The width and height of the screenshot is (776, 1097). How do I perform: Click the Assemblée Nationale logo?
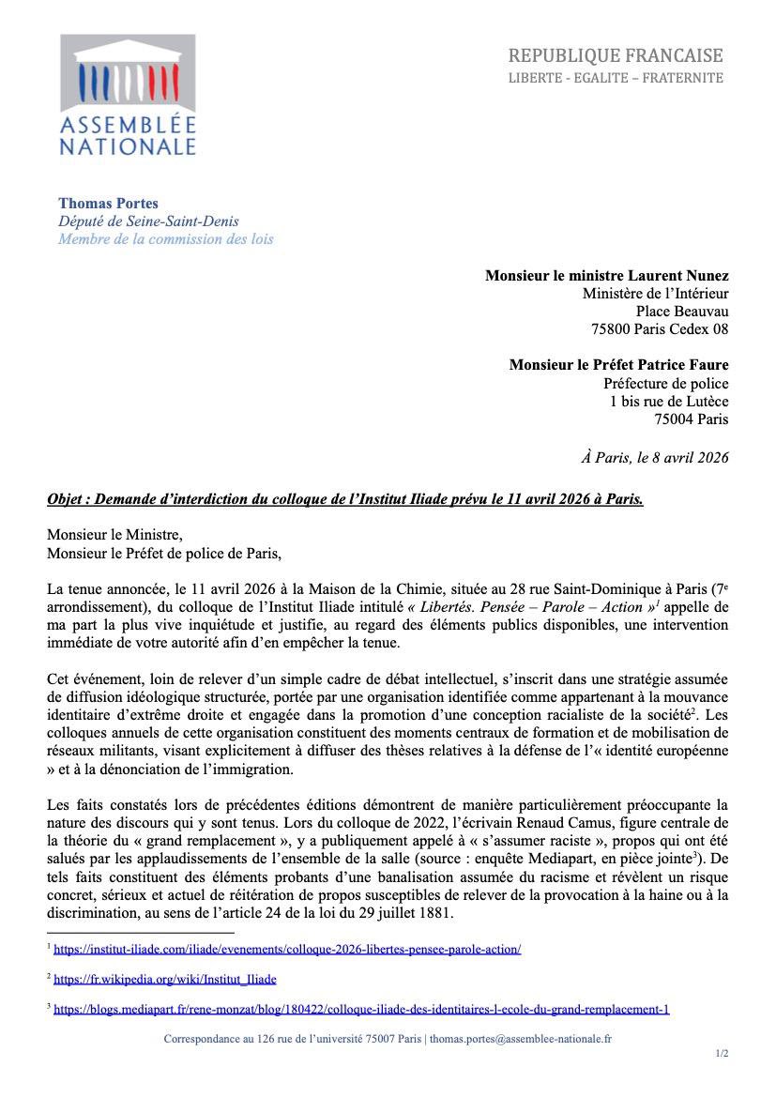pos(128,95)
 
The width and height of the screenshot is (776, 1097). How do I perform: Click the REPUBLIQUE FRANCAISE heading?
pos(616,55)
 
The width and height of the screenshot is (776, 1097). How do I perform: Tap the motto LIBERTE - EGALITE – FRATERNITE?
pos(616,78)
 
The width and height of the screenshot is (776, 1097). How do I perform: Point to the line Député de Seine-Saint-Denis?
pos(148,221)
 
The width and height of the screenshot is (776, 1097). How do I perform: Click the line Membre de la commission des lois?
pos(165,238)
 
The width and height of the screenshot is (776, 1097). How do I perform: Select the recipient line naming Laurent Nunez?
pos(606,275)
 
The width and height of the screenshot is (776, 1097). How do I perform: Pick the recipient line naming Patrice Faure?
pos(618,365)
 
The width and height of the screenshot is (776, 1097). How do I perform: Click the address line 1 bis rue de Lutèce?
pos(668,401)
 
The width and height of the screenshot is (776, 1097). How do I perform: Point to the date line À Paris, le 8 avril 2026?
pos(654,457)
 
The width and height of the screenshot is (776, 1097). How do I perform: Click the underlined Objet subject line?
pos(345,499)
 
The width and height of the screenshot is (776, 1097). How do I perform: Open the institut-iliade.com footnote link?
pos(287,950)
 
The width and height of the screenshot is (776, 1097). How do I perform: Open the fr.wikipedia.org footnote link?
pos(165,980)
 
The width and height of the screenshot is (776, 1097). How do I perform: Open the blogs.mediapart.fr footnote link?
pos(361,1010)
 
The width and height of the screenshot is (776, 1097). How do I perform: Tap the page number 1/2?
pos(722,1054)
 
